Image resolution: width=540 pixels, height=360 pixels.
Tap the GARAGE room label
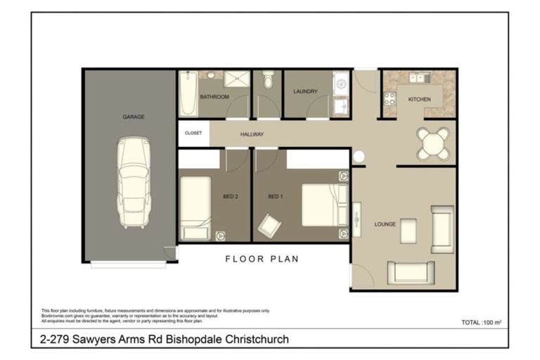pos(133,117)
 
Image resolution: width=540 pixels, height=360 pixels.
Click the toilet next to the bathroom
pos(267,82)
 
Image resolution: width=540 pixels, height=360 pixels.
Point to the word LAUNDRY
pos(305,91)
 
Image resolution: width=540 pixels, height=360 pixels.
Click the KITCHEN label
pos(419,99)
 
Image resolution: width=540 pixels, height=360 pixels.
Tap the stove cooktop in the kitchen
pos(390,98)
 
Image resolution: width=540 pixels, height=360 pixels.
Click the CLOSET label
pos(193,133)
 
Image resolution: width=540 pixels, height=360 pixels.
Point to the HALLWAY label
pos(252,134)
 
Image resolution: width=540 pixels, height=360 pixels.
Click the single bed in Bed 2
pos(195,207)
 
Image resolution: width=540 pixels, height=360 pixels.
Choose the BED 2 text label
pos(231,196)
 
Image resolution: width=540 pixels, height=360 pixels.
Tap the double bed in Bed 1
pos(323,204)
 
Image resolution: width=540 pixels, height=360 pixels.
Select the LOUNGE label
pos(385,224)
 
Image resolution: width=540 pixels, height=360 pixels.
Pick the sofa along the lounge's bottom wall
pos(410,271)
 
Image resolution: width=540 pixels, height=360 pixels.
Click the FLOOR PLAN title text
pos(262,259)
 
